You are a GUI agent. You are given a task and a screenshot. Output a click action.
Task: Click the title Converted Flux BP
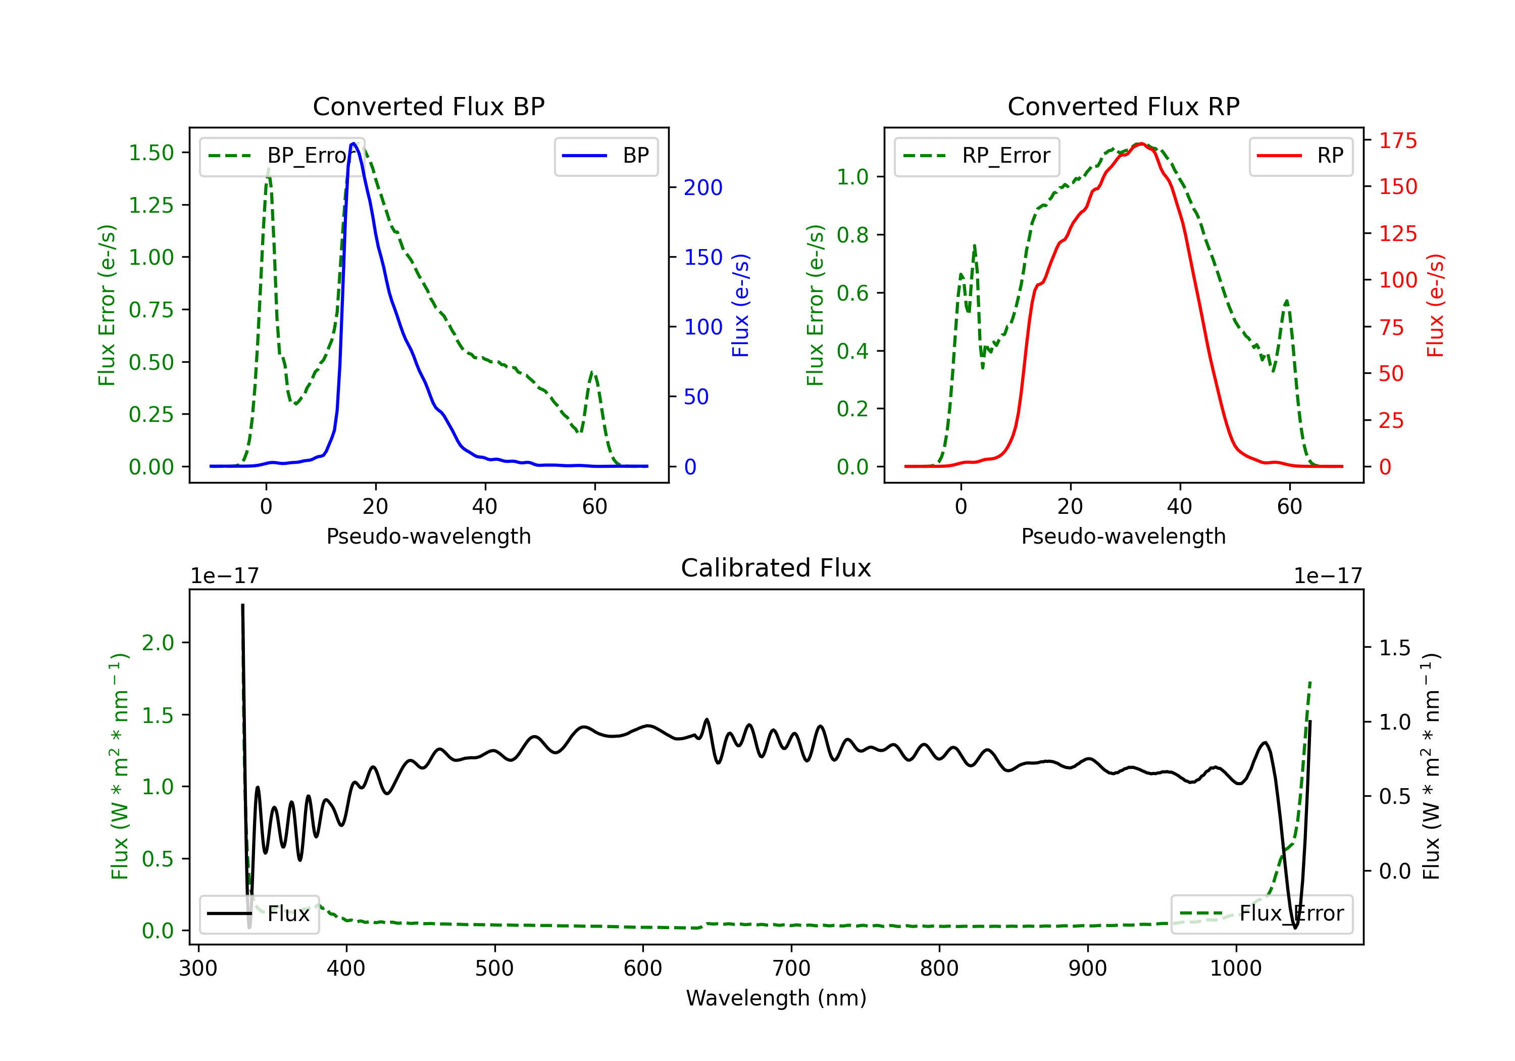coord(428,106)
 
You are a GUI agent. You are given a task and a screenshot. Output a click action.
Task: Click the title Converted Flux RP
coord(1123,106)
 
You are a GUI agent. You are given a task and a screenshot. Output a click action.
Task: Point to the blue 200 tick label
coord(703,187)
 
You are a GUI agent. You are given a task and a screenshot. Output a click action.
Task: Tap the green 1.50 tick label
coord(151,153)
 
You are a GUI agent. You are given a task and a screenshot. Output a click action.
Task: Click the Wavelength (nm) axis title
coord(776,998)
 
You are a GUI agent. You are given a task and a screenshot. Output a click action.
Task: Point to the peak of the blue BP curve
coord(353,143)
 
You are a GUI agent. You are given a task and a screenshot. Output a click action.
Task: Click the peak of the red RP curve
coord(1141,143)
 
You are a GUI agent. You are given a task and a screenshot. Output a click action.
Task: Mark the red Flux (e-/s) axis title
coord(1436,305)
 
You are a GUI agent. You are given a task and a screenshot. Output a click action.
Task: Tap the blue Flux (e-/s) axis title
coord(740,305)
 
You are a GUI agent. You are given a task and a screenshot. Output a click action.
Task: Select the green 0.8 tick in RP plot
coord(852,235)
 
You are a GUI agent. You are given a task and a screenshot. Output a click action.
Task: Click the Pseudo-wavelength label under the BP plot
coord(428,536)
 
